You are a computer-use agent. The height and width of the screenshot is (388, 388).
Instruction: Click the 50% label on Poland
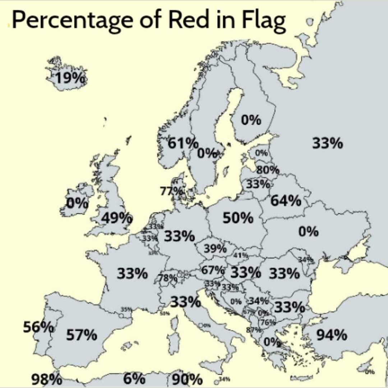pos(238,218)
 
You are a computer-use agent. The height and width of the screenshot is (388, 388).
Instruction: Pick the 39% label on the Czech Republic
pos(215,248)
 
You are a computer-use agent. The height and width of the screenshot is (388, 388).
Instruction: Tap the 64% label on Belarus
pos(286,201)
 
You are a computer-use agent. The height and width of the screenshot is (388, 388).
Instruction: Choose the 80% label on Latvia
pos(268,170)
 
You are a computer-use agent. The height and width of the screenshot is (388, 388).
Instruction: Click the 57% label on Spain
pos(82,335)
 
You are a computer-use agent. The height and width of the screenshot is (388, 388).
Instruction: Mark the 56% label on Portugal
pos(38,327)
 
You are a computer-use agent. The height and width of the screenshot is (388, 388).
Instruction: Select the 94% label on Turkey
pos(332,335)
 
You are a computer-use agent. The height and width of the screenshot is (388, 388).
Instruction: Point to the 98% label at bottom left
pos(46,379)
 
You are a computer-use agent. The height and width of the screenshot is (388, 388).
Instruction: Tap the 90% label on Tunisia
pos(187,379)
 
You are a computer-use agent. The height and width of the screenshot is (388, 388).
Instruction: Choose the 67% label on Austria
pos(213,271)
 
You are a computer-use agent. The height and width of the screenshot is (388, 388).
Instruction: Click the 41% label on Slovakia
pos(241,255)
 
